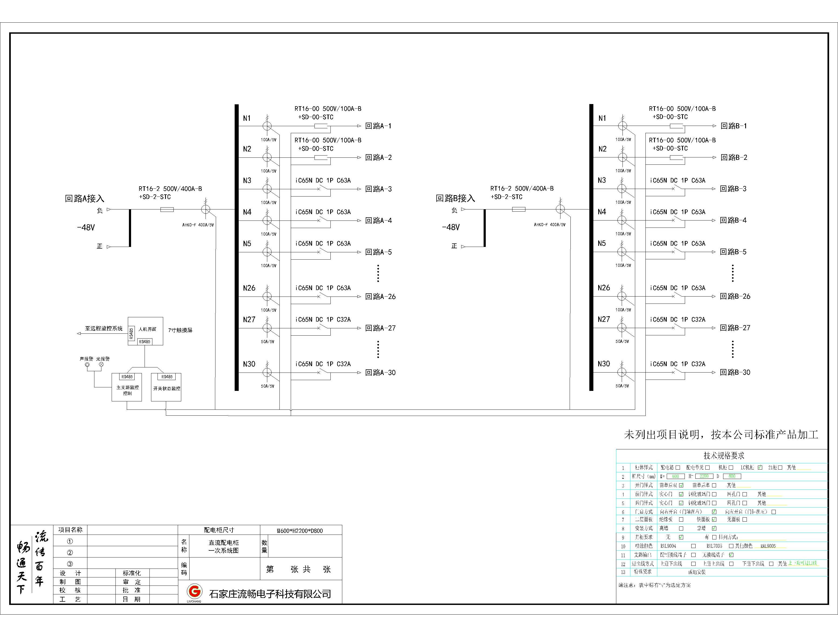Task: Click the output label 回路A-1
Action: point(378,126)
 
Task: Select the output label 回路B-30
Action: point(735,372)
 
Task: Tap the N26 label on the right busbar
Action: point(604,288)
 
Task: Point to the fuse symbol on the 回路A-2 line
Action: point(321,158)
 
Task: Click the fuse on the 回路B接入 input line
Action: point(519,209)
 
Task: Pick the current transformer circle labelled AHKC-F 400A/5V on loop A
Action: point(205,209)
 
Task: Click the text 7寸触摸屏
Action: point(180,330)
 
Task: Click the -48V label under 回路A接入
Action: point(86,228)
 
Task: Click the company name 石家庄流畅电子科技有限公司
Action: point(270,594)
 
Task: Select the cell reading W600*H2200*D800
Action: point(300,531)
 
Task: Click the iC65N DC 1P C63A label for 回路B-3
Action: point(678,181)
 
